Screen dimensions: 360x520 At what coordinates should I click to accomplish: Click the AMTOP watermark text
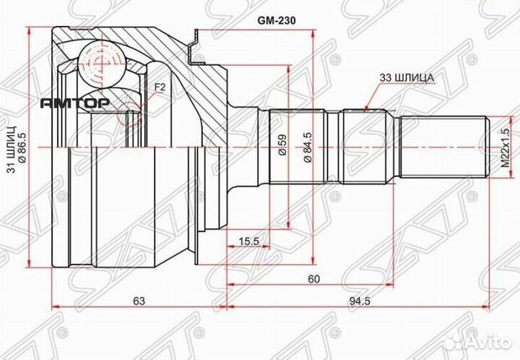click(x=74, y=104)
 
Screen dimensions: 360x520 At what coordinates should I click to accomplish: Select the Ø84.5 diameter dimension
click(x=309, y=148)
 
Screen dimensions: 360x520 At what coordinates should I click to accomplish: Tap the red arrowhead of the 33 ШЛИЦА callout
click(x=368, y=107)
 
